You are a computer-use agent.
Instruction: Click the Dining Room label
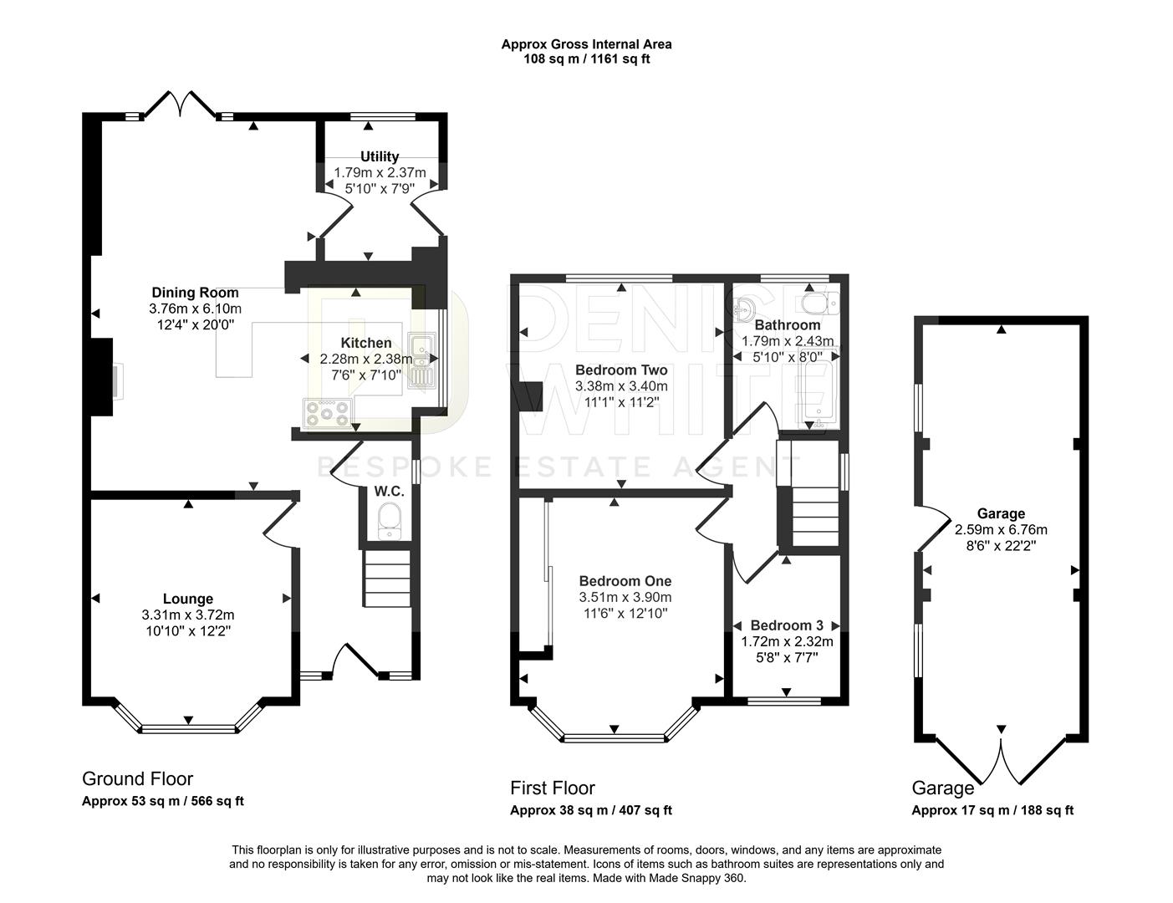point(195,293)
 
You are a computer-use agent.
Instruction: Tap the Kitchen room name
point(365,343)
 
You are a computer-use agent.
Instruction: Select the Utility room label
point(380,156)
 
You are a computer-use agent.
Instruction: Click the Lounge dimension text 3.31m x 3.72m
point(188,615)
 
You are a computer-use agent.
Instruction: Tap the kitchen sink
point(421,360)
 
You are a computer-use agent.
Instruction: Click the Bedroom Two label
point(621,370)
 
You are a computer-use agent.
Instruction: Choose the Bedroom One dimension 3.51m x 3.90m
point(625,597)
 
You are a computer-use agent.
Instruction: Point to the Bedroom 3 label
point(787,625)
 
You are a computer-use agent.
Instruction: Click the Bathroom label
point(788,324)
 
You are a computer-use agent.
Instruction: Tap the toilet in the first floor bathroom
point(816,302)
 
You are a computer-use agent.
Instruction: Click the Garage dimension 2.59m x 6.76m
point(1001,529)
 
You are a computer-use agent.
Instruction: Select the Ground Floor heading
point(137,778)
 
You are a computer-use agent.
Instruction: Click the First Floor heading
point(553,788)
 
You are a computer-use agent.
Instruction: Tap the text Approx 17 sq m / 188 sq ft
point(992,810)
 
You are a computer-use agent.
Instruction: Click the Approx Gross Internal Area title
point(586,44)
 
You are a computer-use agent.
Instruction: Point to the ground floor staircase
point(387,578)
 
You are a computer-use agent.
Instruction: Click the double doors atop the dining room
point(181,104)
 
